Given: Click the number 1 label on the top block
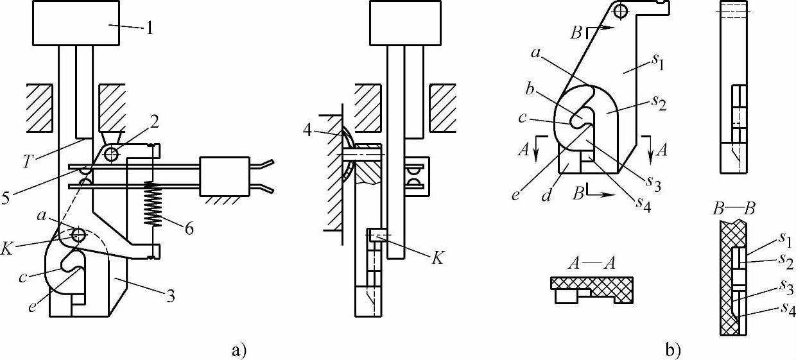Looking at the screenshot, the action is click(x=150, y=29).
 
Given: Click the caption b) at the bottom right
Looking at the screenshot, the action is click(x=673, y=350).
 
